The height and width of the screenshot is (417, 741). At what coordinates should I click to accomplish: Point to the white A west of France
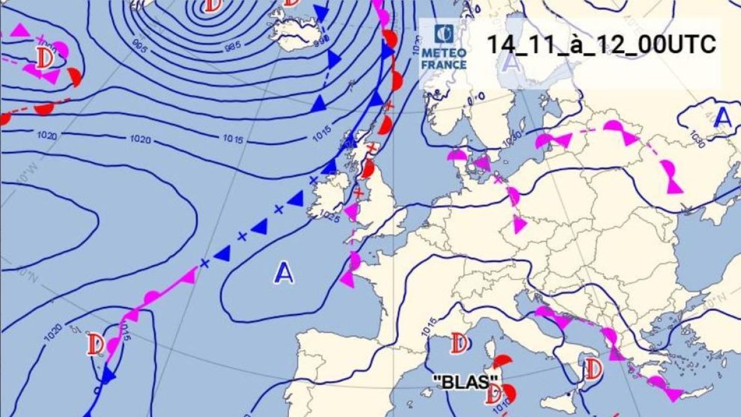tap(284, 272)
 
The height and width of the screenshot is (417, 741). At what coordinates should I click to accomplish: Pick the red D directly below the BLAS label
tap(493, 394)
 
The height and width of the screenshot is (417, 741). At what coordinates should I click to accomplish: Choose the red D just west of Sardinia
tap(459, 343)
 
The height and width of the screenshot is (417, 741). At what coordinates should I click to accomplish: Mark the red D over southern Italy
tap(593, 369)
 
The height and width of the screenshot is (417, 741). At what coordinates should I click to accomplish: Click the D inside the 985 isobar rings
tap(212, 6)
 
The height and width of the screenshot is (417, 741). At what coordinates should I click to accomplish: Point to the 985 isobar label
tap(233, 46)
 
